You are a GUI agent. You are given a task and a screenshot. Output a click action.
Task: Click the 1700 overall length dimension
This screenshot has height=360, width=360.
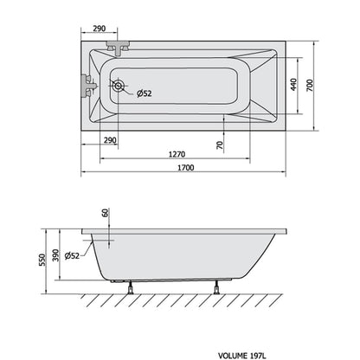(185, 168)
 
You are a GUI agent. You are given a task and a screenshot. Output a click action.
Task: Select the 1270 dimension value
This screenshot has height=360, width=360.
(177, 154)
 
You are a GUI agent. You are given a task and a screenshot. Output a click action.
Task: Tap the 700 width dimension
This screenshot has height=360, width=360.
(310, 86)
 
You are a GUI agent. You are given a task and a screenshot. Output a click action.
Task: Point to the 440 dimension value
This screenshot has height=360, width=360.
(293, 85)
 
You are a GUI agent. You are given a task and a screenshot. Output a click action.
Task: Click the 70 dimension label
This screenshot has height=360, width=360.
(220, 145)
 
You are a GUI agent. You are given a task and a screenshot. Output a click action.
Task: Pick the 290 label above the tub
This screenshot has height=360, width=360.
(100, 29)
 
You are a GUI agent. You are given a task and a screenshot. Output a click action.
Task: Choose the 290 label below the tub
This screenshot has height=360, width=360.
(110, 140)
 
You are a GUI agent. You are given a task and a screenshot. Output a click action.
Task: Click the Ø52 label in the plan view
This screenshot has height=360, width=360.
(144, 93)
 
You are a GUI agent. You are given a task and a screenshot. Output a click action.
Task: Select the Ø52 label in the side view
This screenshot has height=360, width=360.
(72, 255)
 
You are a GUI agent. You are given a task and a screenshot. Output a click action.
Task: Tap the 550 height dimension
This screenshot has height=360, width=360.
(42, 260)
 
